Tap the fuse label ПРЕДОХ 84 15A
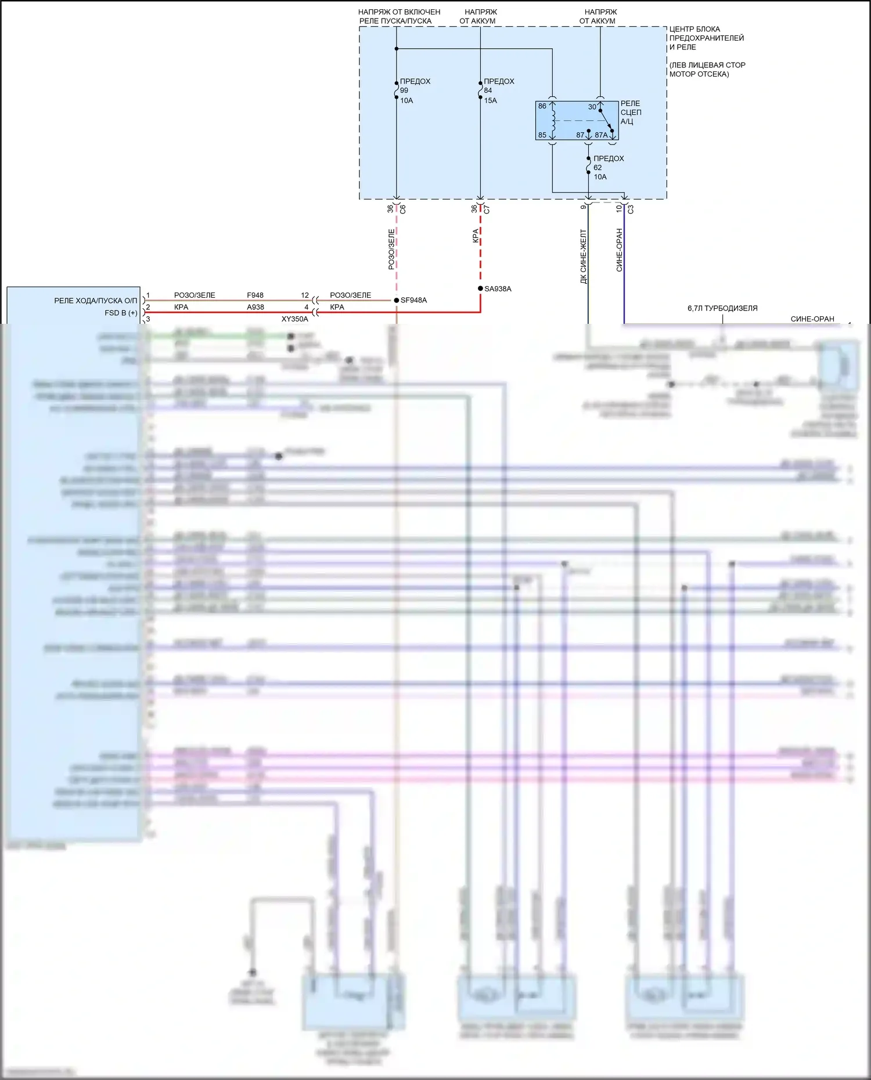(498, 91)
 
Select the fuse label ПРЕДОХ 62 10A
(607, 167)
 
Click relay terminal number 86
(542, 106)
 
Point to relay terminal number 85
(542, 135)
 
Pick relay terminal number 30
(592, 107)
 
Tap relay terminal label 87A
(601, 135)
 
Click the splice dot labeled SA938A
(480, 288)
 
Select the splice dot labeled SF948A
(397, 300)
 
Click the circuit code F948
(255, 295)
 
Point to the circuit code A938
(255, 307)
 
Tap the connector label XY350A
(295, 319)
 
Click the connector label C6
(402, 209)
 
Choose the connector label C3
(631, 209)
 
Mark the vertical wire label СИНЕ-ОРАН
(619, 250)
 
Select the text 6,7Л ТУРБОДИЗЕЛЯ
(722, 308)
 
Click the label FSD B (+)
(121, 313)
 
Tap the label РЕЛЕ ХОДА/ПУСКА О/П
(95, 301)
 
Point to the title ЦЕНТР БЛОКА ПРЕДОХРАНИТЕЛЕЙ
(706, 34)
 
